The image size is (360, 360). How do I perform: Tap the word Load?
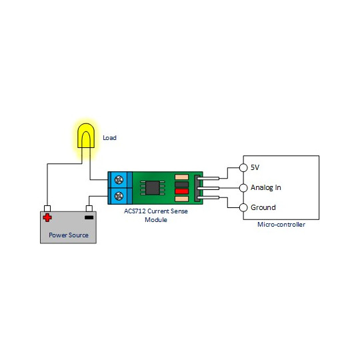[109, 138]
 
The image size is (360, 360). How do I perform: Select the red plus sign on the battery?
[47, 217]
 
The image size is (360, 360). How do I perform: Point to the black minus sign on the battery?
[89, 217]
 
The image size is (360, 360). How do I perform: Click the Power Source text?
[69, 235]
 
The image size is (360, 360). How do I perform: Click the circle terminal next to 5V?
[243, 167]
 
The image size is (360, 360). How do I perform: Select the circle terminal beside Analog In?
[243, 187]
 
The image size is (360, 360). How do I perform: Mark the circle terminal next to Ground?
[243, 207]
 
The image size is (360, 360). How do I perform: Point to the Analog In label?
[265, 187]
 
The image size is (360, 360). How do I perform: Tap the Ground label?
[263, 207]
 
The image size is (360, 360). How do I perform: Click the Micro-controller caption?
[281, 225]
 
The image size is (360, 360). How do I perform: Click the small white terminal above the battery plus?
[47, 207]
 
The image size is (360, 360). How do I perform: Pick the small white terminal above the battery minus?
[89, 207]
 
